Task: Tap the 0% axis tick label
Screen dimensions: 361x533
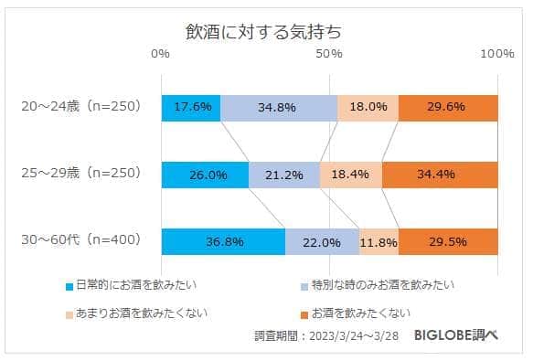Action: tap(161, 54)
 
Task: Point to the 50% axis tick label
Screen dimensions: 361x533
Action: tap(329, 54)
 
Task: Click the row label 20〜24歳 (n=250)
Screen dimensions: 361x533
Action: tap(80, 107)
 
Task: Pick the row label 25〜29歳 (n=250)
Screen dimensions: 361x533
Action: tap(80, 173)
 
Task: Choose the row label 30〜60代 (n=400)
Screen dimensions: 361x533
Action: tap(80, 240)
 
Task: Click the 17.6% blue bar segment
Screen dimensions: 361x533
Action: tap(191, 108)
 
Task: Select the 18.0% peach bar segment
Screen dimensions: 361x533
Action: tap(368, 108)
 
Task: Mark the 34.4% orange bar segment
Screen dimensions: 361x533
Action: tap(440, 175)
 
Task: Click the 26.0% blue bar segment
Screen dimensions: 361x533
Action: tap(205, 175)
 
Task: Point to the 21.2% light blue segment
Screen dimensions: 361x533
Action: tap(284, 175)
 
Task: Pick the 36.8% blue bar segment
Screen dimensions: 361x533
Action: tap(223, 242)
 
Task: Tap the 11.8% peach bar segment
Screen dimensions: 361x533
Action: tap(378, 242)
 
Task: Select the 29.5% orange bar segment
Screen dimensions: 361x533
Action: tap(448, 242)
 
